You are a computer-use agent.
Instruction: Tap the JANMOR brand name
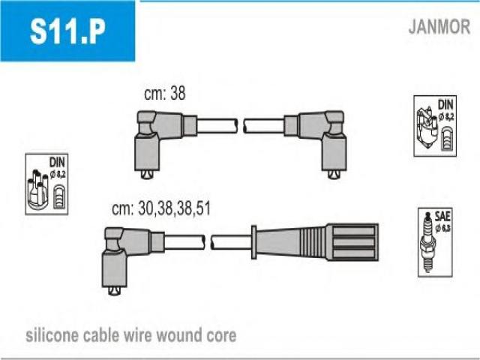(439, 27)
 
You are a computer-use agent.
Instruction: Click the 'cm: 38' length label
(164, 94)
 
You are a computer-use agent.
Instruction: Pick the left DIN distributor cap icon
(45, 184)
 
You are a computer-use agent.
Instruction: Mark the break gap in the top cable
(241, 125)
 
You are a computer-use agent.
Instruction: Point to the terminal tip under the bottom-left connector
(114, 291)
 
